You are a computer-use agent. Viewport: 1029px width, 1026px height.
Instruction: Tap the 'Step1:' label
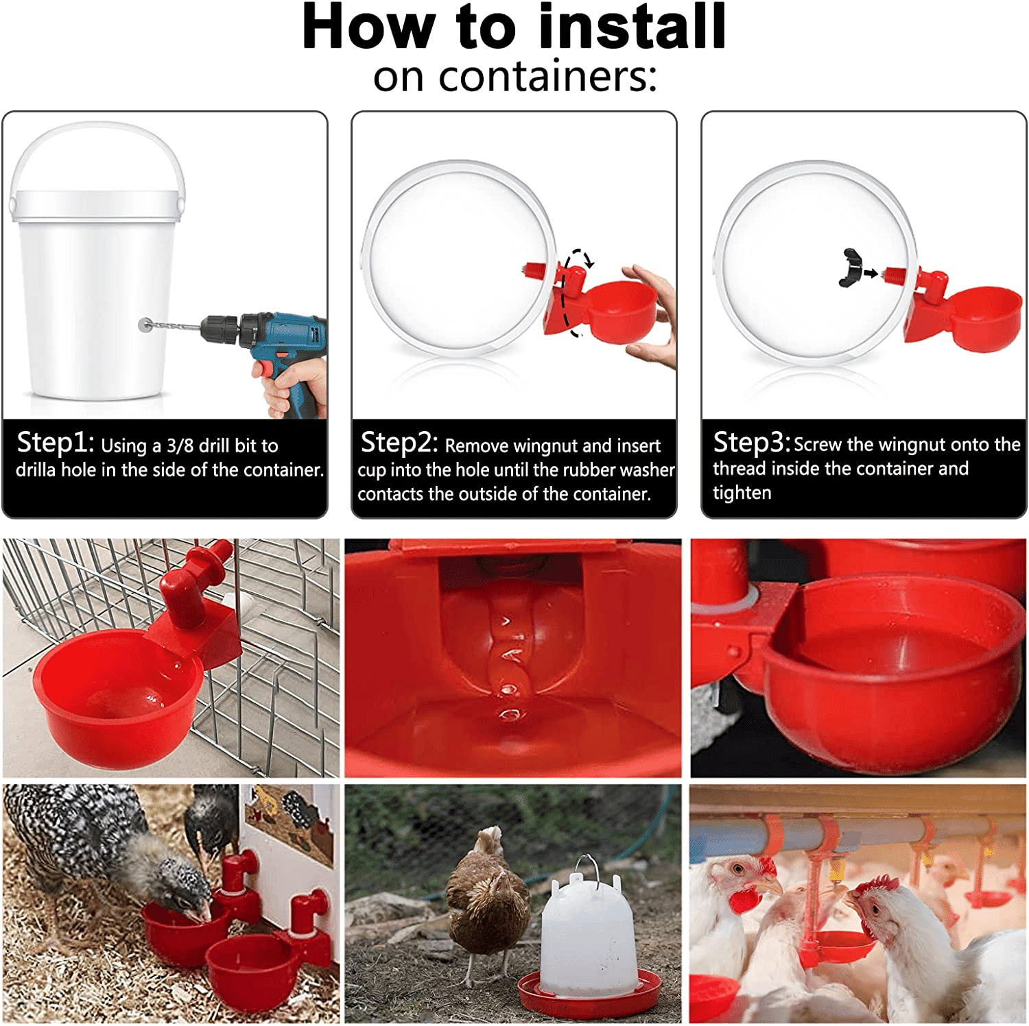click(x=55, y=443)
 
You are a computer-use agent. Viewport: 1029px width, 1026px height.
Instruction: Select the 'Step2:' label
click(x=399, y=443)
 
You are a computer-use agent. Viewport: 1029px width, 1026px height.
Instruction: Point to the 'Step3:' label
click(x=752, y=443)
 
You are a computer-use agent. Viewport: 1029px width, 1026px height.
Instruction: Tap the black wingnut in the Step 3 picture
click(x=850, y=267)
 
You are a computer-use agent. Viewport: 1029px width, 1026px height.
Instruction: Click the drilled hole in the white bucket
click(x=144, y=325)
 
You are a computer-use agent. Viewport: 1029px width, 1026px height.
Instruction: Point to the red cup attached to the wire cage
click(x=117, y=699)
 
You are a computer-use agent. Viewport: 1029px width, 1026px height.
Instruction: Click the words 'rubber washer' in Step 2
click(x=625, y=470)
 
